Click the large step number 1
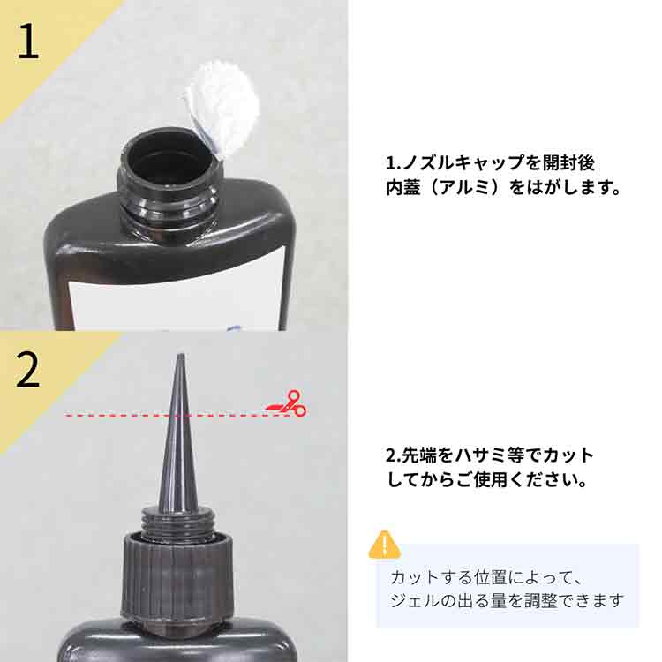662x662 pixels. point(28,40)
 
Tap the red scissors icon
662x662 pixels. point(287,404)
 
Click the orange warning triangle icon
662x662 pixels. point(384,545)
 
